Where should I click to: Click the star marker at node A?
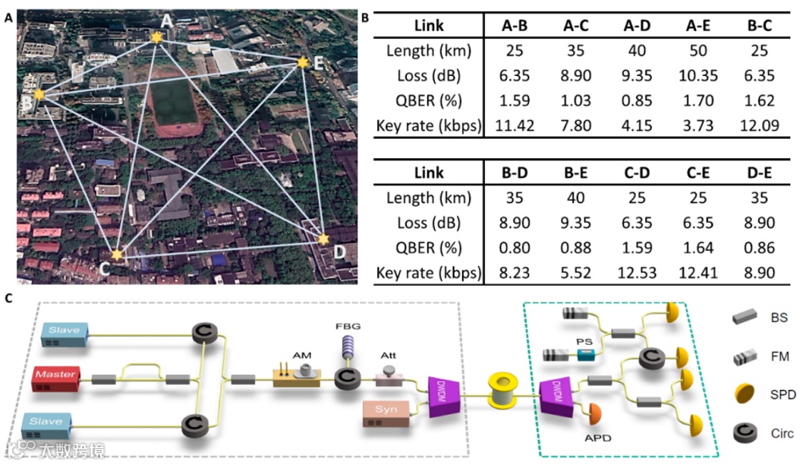click(x=156, y=36)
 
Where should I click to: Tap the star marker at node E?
click(x=303, y=62)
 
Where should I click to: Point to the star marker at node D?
click(x=325, y=239)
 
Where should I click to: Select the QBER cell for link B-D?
click(x=515, y=248)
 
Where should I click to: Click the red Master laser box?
click(x=59, y=378)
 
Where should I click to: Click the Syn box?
click(x=386, y=410)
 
